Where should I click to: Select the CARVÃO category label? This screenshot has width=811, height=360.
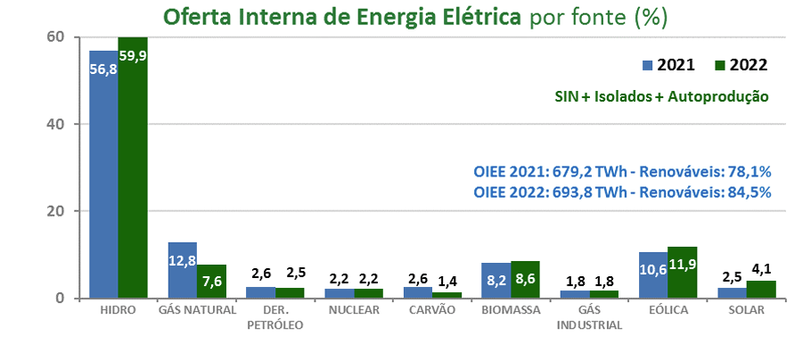click(x=431, y=310)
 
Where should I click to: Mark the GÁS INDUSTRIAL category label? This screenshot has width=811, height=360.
click(x=590, y=317)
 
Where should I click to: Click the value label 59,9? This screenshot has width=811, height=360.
click(x=133, y=55)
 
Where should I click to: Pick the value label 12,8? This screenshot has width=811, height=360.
click(x=183, y=260)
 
